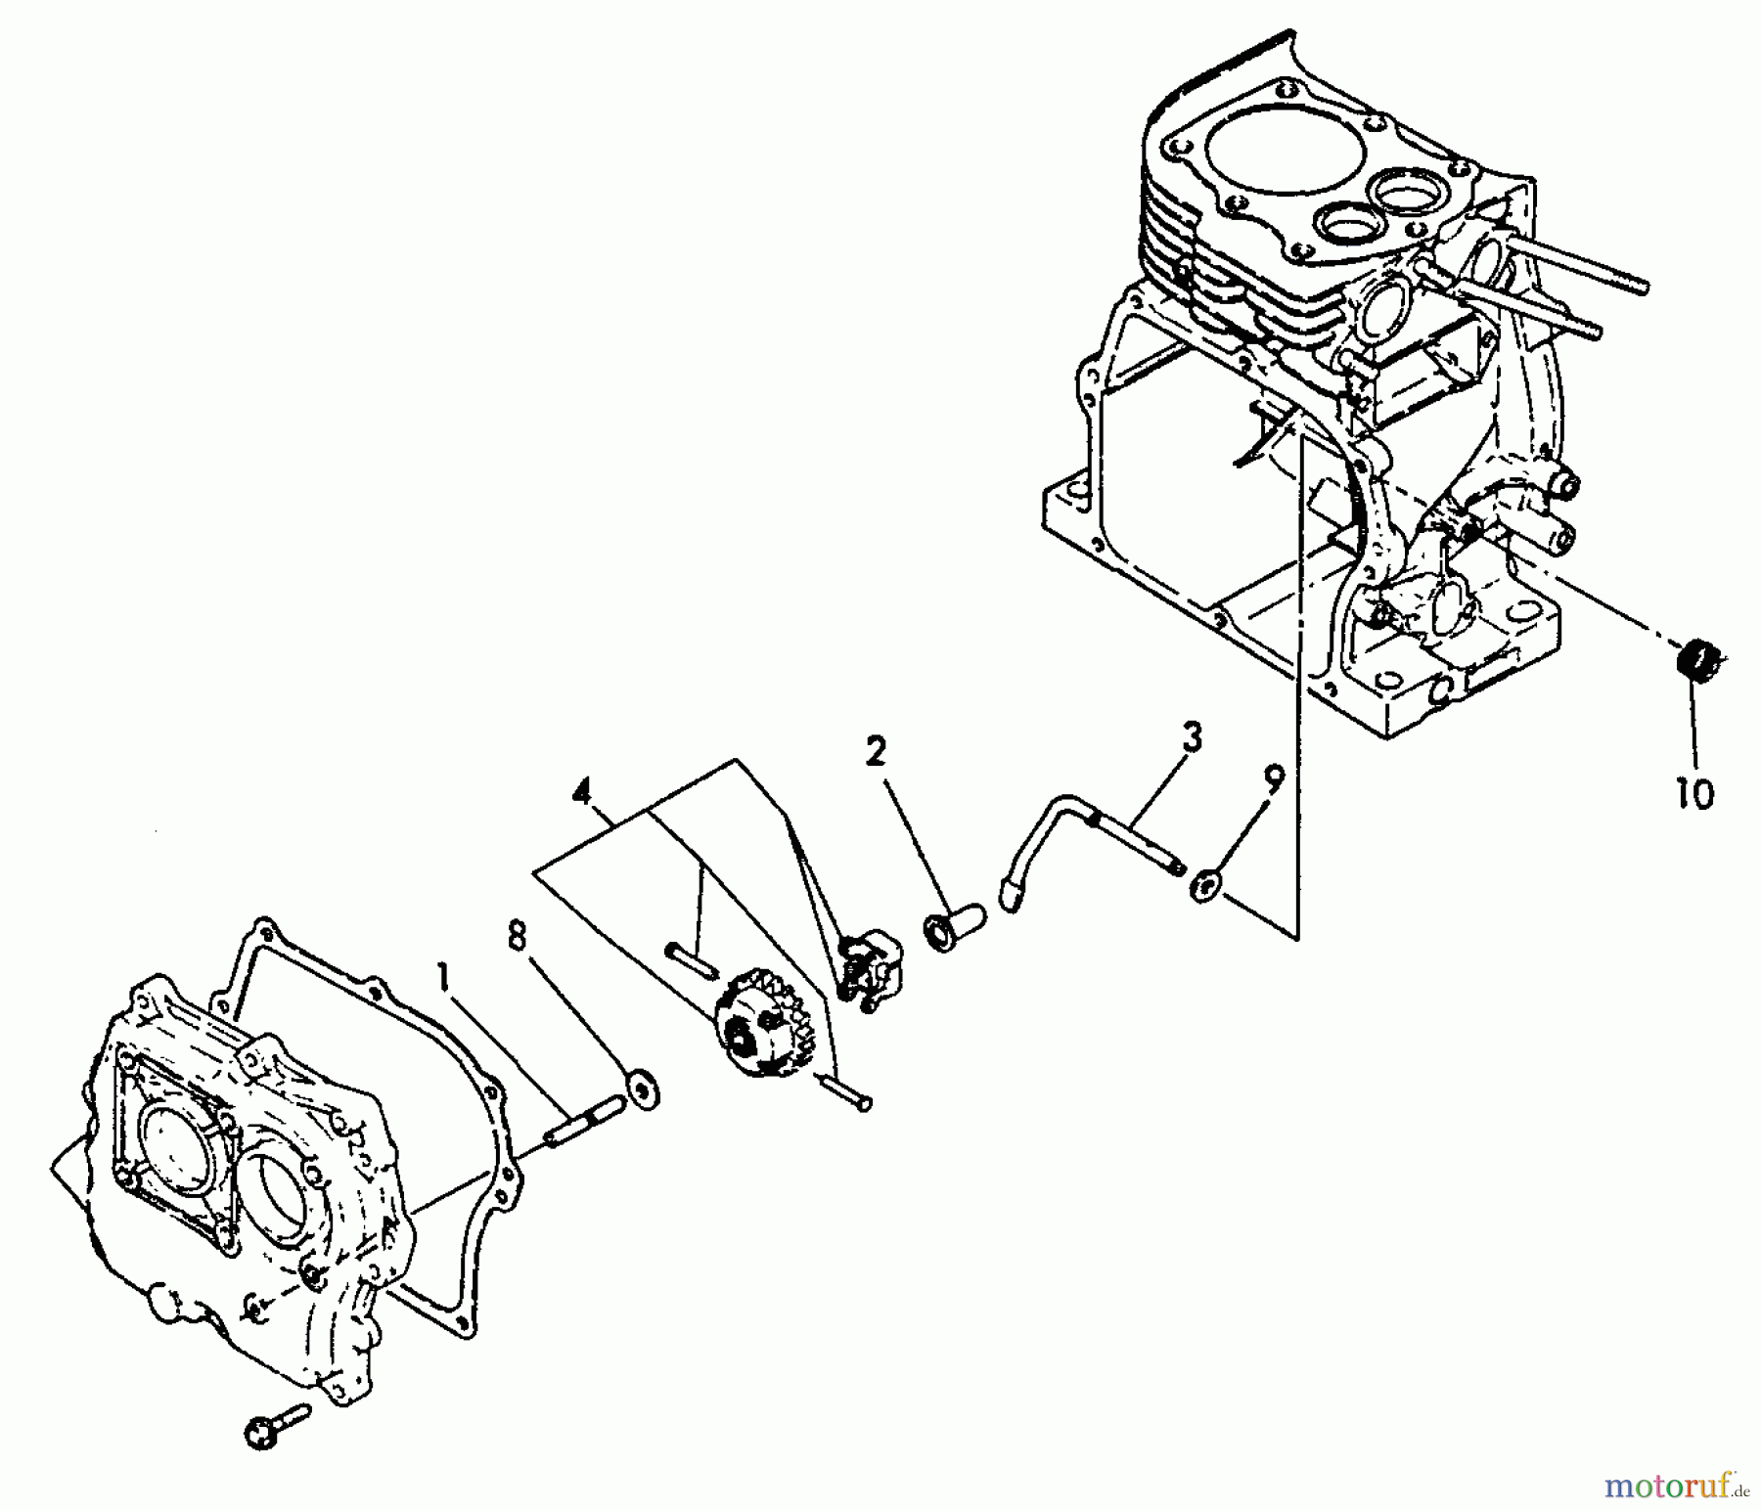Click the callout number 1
(x=445, y=983)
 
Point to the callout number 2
(x=875, y=751)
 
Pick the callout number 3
(x=1191, y=738)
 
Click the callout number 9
(x=1272, y=779)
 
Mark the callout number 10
(x=1694, y=793)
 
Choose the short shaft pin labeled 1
(x=584, y=1121)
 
